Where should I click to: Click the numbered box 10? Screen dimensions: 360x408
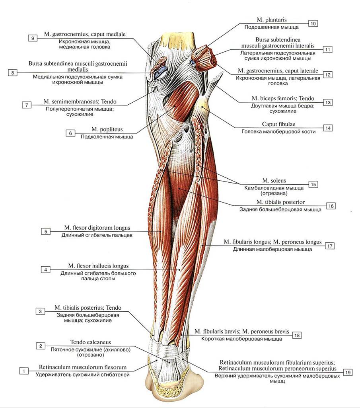click(x=313, y=23)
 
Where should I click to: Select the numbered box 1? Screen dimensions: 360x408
click(x=24, y=371)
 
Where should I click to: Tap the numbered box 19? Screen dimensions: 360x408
click(x=348, y=372)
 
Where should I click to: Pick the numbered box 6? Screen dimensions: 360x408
click(x=70, y=133)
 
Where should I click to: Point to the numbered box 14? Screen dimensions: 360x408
click(x=328, y=128)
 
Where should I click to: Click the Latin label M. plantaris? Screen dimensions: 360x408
click(x=272, y=20)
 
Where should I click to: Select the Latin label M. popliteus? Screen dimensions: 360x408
click(x=107, y=129)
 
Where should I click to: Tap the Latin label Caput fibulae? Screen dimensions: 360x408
click(x=278, y=124)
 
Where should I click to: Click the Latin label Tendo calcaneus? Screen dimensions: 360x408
click(x=91, y=342)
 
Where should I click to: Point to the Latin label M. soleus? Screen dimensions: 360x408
click(x=274, y=181)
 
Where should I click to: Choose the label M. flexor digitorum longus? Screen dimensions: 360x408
click(x=97, y=228)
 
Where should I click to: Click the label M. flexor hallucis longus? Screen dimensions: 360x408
click(x=98, y=266)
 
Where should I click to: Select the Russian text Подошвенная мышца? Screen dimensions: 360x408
click(x=271, y=27)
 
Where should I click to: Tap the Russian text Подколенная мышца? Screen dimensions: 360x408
click(x=107, y=137)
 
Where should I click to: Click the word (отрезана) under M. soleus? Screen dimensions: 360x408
click(x=274, y=193)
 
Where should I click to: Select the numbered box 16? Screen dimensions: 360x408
click(x=331, y=206)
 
